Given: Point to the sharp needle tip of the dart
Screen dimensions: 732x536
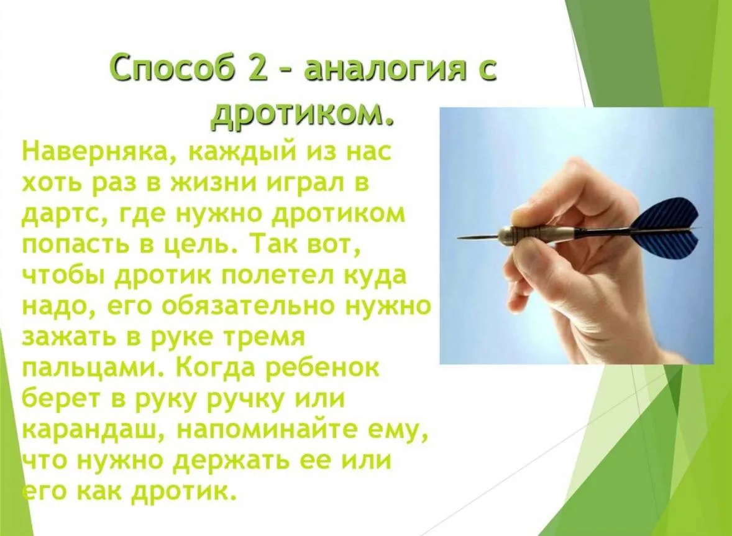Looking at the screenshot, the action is (x=458, y=238).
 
